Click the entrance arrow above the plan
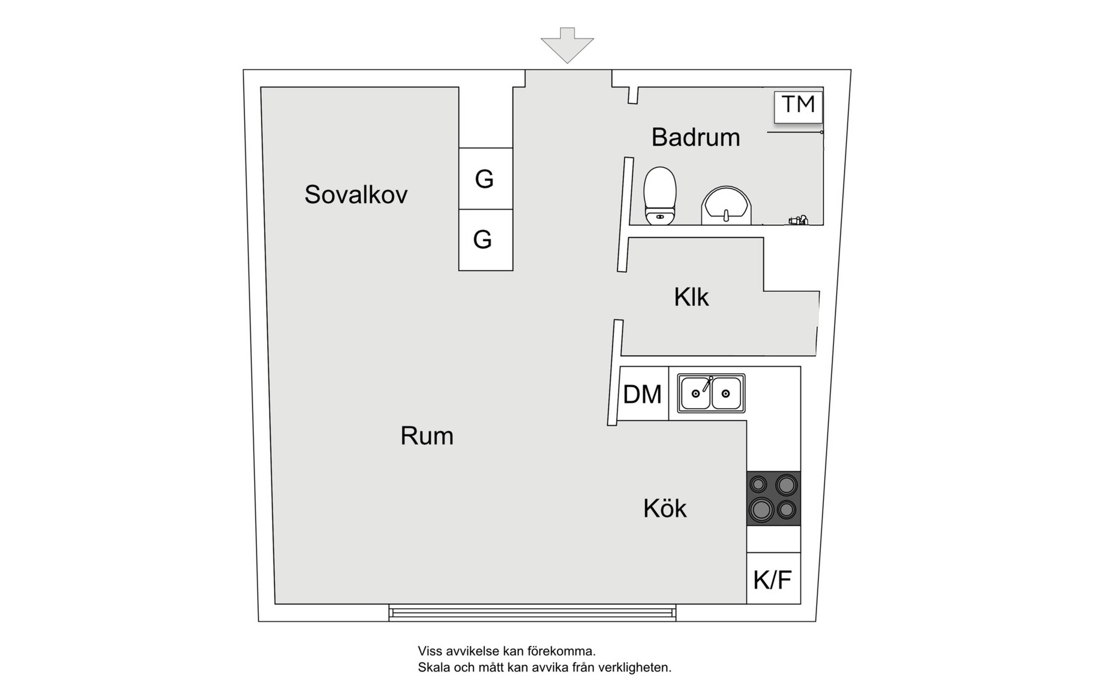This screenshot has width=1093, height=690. click(567, 45)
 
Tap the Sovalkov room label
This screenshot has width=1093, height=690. click(356, 195)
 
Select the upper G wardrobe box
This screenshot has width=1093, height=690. click(486, 178)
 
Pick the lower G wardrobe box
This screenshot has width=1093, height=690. click(486, 240)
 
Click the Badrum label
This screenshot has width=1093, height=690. click(696, 137)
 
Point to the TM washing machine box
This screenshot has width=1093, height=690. click(798, 107)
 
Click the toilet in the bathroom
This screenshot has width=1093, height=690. click(660, 196)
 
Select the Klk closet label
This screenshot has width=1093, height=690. click(691, 297)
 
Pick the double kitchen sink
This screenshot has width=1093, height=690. click(711, 393)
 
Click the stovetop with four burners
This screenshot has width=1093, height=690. click(774, 498)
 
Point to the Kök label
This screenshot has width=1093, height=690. click(665, 509)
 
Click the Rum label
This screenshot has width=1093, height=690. click(427, 436)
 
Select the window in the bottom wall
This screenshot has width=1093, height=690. click(532, 613)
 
